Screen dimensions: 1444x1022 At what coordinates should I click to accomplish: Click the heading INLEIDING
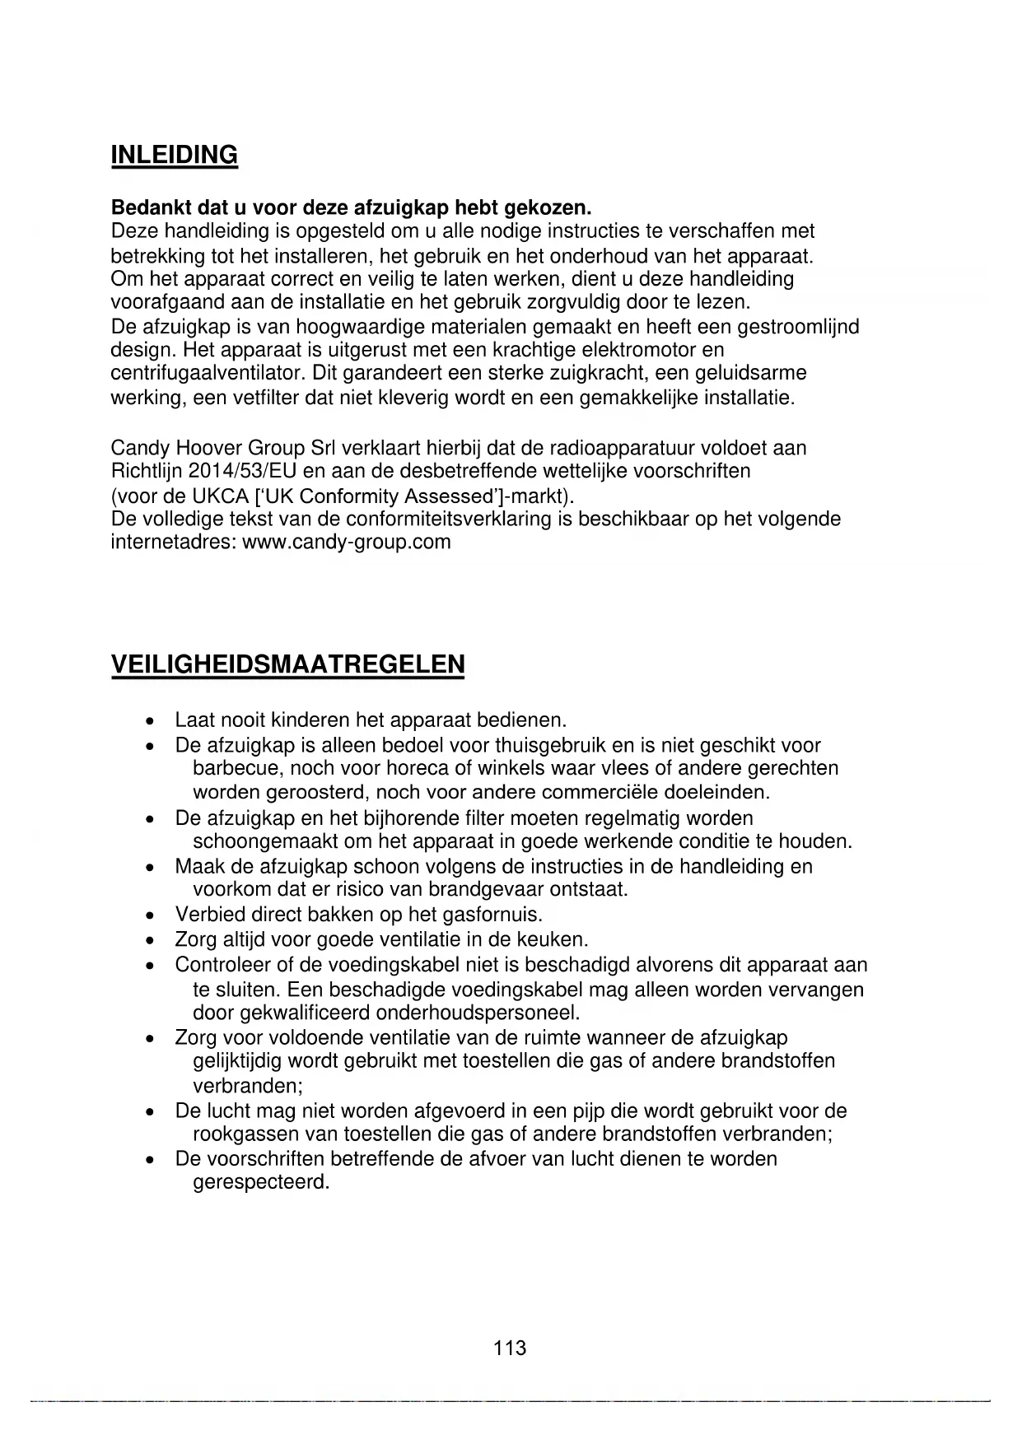point(174,155)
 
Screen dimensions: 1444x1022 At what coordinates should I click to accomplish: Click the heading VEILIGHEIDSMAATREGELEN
point(287,664)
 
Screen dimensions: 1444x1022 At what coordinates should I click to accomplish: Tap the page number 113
point(510,1348)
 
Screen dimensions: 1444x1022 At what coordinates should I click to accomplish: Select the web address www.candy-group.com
point(347,543)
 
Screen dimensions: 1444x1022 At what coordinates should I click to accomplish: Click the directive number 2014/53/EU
point(243,472)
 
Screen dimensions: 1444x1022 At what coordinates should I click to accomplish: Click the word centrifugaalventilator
point(208,373)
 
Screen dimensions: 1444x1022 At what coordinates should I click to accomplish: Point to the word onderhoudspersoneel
point(478,1013)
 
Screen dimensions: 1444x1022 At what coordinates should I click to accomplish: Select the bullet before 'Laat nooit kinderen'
point(148,722)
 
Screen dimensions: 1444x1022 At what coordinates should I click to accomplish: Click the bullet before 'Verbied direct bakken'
point(148,915)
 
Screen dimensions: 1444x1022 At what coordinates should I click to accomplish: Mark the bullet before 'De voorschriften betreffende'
point(148,1160)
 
